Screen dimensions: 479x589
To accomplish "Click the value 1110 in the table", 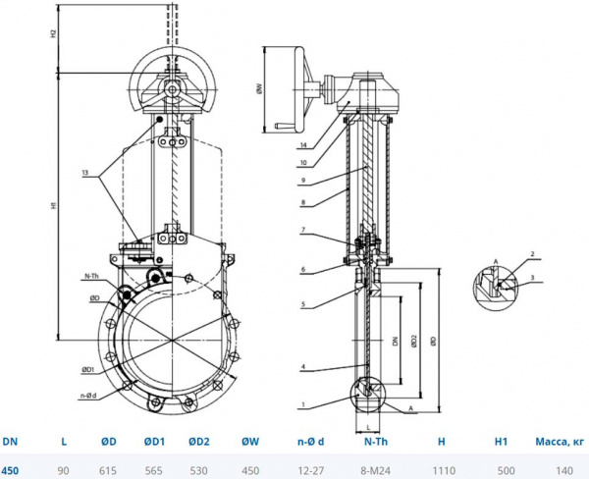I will [x=442, y=470].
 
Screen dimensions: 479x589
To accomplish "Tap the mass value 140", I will [x=563, y=470].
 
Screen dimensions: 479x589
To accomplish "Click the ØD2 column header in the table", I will [x=198, y=442].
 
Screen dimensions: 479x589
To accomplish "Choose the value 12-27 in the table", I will [x=313, y=470].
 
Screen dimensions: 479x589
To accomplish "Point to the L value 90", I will [x=64, y=470].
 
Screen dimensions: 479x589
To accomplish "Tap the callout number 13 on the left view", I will [x=86, y=173].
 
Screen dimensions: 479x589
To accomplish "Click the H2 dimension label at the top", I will [x=54, y=33].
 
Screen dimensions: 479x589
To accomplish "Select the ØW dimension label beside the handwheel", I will [x=258, y=87].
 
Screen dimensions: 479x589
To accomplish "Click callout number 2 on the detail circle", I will [x=532, y=255].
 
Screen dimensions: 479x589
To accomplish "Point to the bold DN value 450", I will [x=10, y=470].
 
